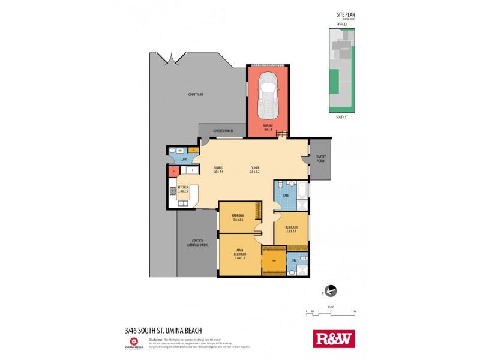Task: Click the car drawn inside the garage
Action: tap(268, 96)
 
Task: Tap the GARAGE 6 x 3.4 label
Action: tap(268, 127)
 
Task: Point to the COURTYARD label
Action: tap(196, 94)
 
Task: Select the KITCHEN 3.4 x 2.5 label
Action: tap(183, 189)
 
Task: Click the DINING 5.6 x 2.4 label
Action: tap(218, 170)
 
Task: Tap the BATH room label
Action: tap(286, 195)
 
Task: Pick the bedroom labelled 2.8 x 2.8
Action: tap(292, 229)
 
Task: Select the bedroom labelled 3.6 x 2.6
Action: tap(238, 217)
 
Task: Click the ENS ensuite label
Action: tap(293, 260)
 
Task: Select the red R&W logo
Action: tap(334, 339)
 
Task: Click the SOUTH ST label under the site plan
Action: tap(341, 117)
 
